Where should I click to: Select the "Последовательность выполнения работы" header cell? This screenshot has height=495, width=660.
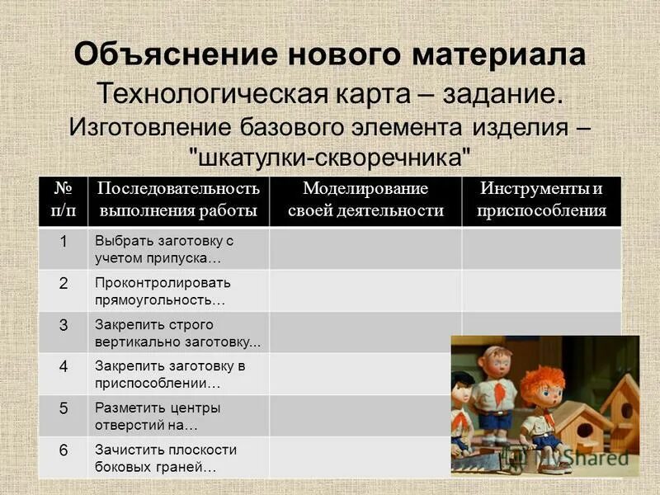(178, 200)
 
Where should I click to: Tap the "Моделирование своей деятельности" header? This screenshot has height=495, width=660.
(365, 200)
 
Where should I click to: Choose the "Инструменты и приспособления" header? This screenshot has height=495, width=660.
(541, 200)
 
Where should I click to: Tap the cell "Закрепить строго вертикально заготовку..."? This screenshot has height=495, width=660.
(177, 333)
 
